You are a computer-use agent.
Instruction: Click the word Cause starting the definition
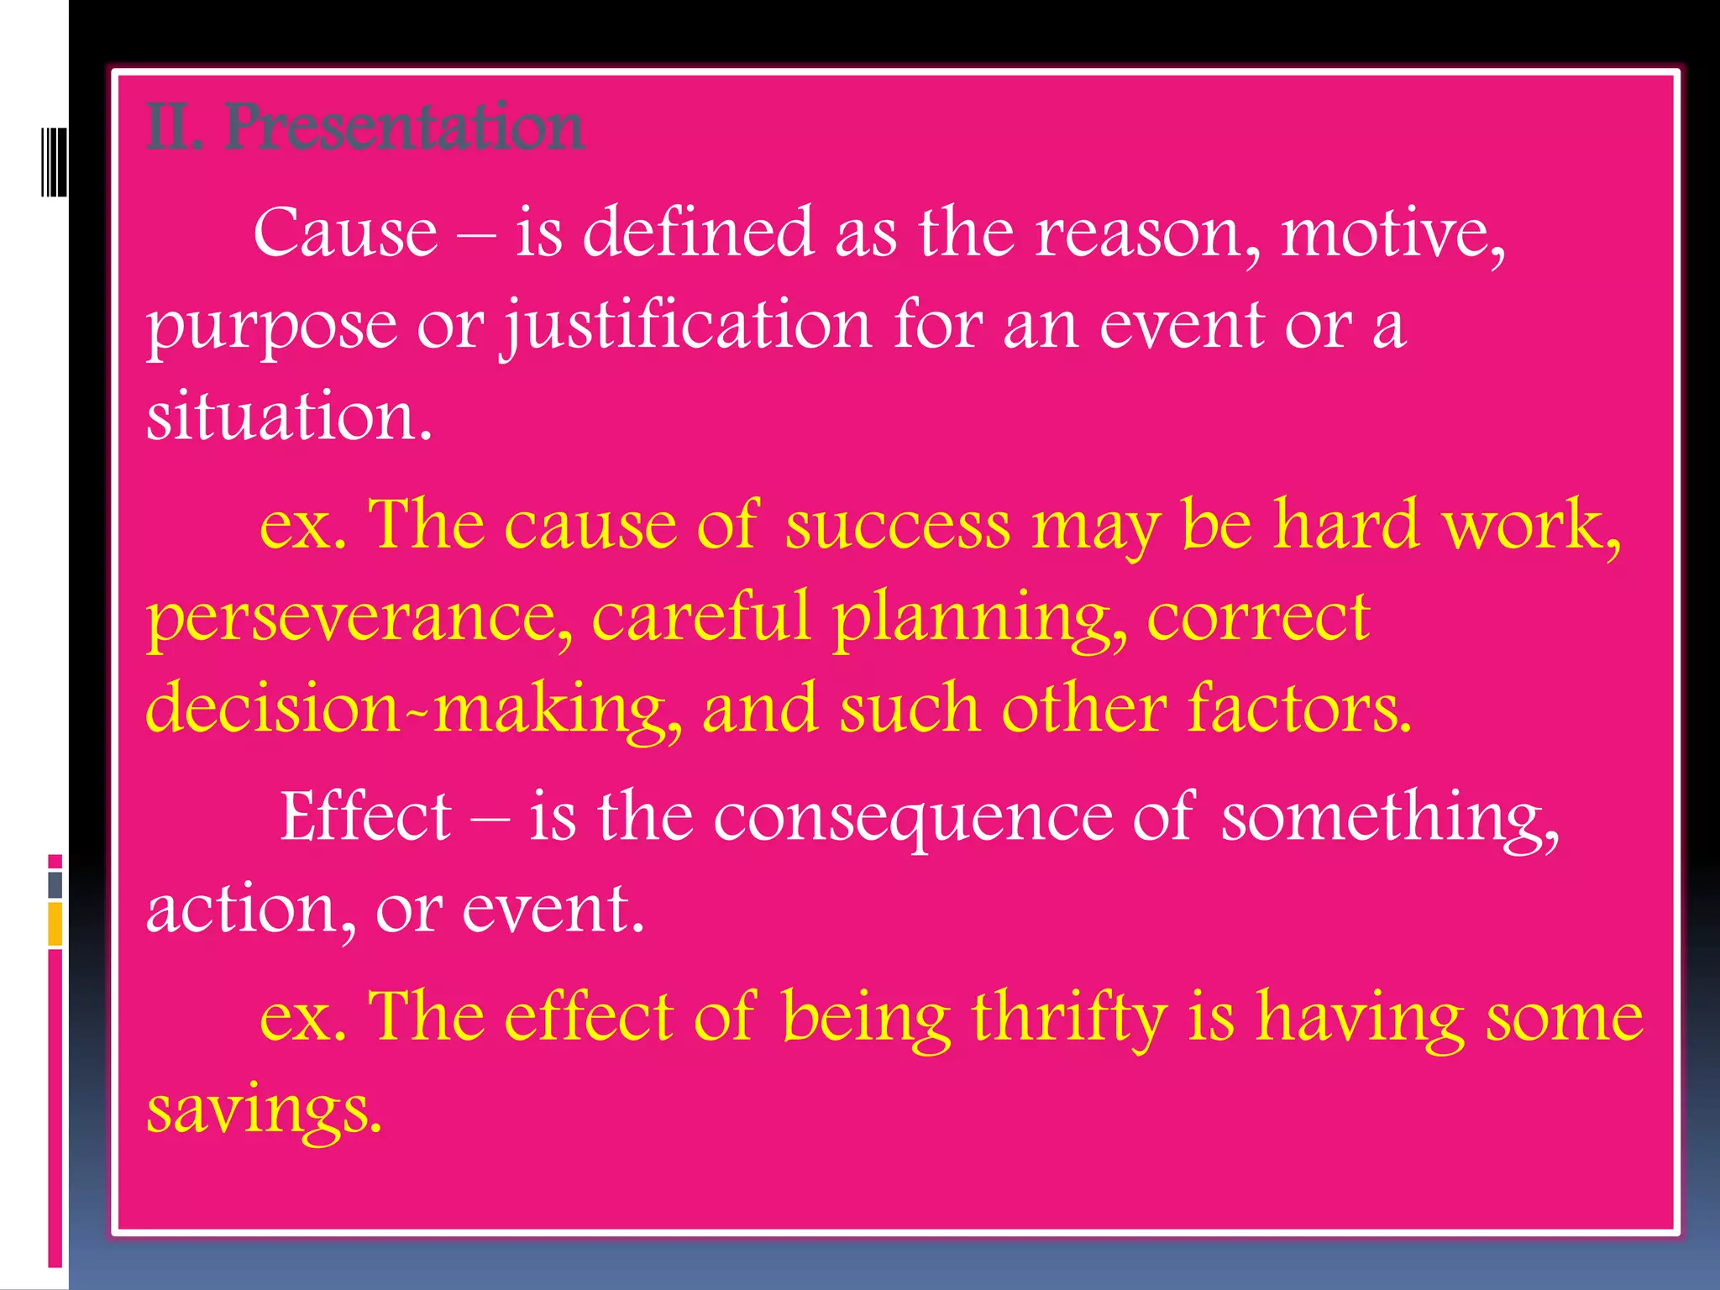pyautogui.click(x=345, y=233)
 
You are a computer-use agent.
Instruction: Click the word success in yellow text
pyautogui.click(x=898, y=525)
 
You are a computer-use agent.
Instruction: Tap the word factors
pyautogui.click(x=1299, y=708)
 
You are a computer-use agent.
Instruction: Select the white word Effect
pyautogui.click(x=366, y=816)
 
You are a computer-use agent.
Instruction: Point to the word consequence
pyautogui.click(x=913, y=818)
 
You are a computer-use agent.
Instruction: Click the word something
pyautogui.click(x=1390, y=818)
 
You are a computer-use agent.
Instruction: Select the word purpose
pyautogui.click(x=271, y=328)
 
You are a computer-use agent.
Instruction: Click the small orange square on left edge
pyautogui.click(x=55, y=924)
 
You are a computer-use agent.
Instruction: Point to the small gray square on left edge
pyautogui.click(x=55, y=884)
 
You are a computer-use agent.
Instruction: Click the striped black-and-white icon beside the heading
pyautogui.click(x=54, y=162)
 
